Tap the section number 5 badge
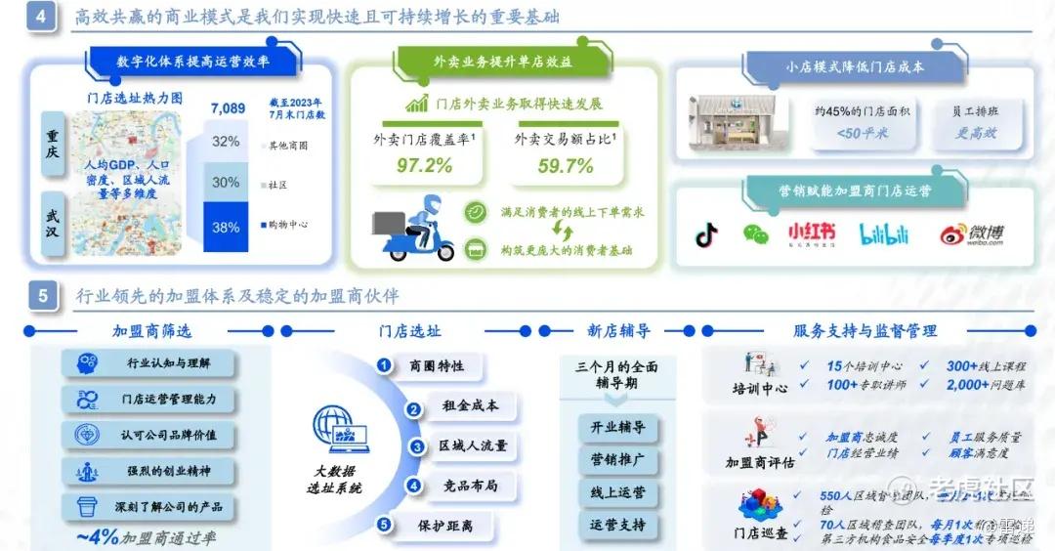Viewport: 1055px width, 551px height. (x=42, y=295)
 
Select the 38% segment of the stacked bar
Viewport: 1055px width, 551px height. (x=226, y=228)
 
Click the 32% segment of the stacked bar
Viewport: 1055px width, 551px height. (x=226, y=141)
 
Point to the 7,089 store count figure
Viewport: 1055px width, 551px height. (x=228, y=107)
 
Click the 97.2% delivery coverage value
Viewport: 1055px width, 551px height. (x=424, y=165)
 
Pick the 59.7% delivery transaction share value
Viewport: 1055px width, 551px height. (x=566, y=165)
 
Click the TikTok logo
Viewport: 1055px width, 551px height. (x=706, y=235)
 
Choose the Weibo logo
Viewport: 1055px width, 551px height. (x=971, y=234)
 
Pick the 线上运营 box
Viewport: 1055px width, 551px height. (x=617, y=493)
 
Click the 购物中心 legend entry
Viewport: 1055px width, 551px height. (x=287, y=225)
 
